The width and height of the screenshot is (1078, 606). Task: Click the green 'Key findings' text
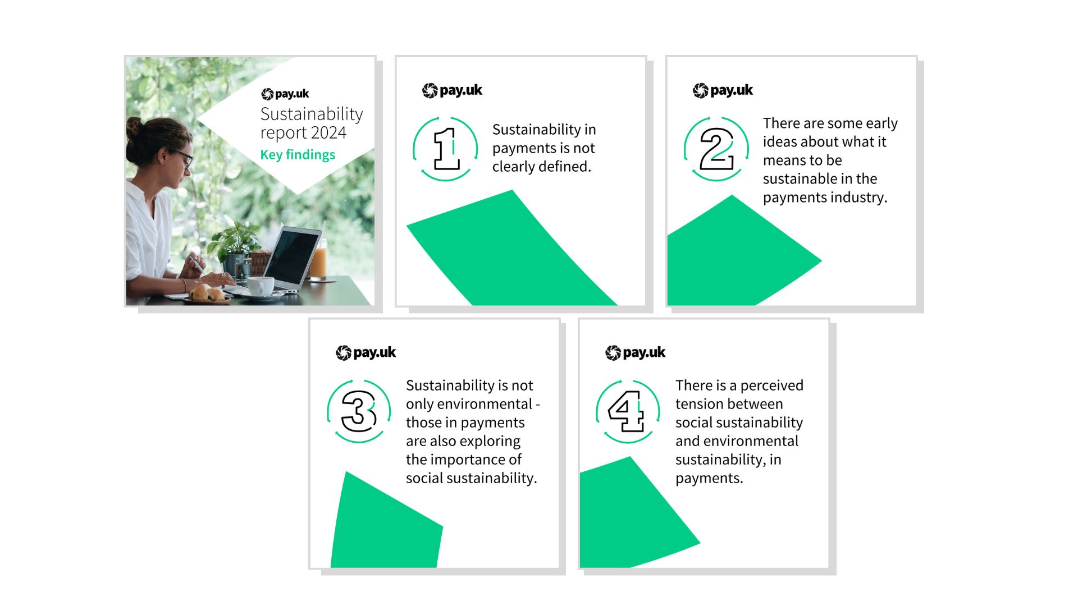(x=298, y=155)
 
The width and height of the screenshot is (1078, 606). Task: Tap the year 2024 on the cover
(x=328, y=133)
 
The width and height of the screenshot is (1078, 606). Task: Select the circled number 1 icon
(x=446, y=149)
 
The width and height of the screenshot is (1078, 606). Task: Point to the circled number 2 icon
(x=716, y=149)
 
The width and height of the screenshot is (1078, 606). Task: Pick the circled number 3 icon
(x=359, y=411)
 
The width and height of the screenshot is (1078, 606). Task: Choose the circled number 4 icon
(x=628, y=411)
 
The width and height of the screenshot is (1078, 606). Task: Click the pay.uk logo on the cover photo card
(x=285, y=94)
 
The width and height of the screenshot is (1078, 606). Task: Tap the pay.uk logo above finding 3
(x=366, y=352)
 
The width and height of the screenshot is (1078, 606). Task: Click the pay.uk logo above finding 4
(x=636, y=352)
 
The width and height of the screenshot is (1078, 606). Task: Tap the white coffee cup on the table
(x=261, y=286)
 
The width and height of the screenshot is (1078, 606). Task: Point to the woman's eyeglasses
(x=184, y=157)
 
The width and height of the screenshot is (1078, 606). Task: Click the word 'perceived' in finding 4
(x=771, y=386)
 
